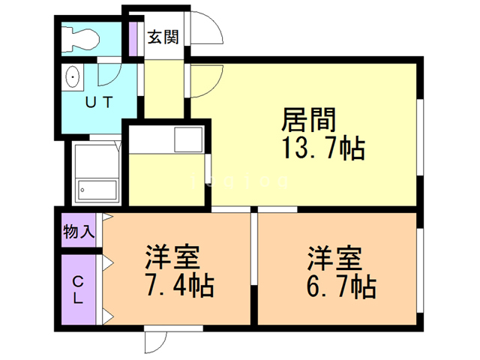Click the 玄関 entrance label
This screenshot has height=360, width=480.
[162, 37]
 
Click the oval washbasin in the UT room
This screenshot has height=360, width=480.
[73, 78]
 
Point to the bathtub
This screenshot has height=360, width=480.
[97, 190]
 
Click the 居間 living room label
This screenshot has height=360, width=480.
[308, 121]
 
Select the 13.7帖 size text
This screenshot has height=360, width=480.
[322, 148]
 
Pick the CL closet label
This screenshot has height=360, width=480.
[78, 288]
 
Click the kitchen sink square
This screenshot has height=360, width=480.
[187, 139]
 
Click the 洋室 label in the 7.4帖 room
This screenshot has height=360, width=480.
[172, 258]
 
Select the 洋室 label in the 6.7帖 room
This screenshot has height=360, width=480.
[334, 258]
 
